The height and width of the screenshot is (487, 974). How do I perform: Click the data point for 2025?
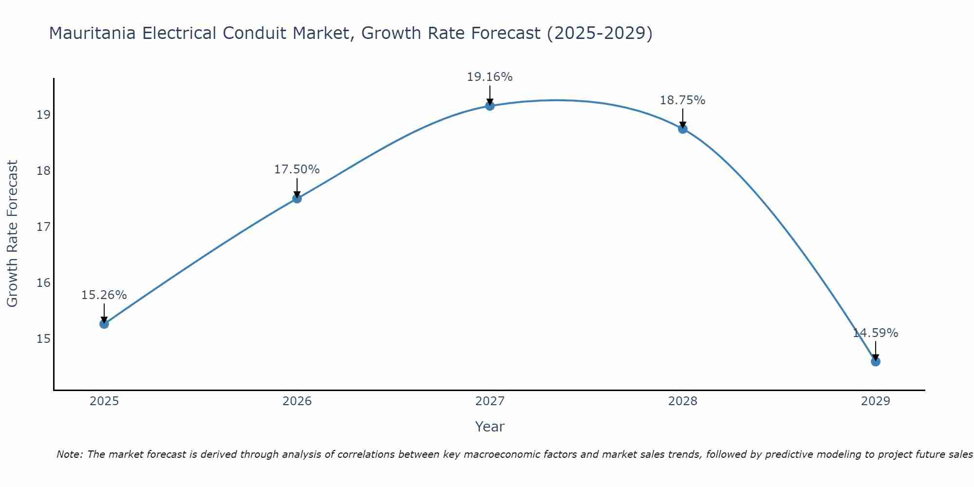pos(104,324)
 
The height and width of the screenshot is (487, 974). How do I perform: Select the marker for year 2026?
pos(297,198)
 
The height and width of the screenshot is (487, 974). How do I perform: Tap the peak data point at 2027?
pos(490,106)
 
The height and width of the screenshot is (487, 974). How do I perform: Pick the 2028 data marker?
pos(683,129)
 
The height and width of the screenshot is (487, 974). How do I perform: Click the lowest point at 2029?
pos(876,361)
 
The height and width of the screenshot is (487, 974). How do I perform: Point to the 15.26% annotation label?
pos(104,295)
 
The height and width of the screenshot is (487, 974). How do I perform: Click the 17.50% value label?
pos(297,169)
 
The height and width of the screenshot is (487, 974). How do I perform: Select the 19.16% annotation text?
pos(489,77)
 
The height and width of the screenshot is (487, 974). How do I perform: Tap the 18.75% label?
pos(682,100)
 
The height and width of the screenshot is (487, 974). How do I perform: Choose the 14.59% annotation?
pos(875,333)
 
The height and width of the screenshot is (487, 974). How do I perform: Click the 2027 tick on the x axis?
pos(490,401)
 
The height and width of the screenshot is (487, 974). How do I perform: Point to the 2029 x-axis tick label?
pos(876,401)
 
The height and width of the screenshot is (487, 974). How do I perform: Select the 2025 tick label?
pos(104,401)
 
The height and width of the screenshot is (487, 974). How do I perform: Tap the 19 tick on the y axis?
pos(43,115)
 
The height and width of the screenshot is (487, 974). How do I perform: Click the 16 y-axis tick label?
pos(43,282)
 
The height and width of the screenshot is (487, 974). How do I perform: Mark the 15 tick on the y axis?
pos(43,338)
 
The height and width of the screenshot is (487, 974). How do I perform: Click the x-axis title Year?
pos(489,427)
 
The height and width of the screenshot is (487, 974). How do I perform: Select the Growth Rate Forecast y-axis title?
pos(13,234)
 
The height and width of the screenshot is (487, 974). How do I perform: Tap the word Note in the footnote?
pos(69,454)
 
